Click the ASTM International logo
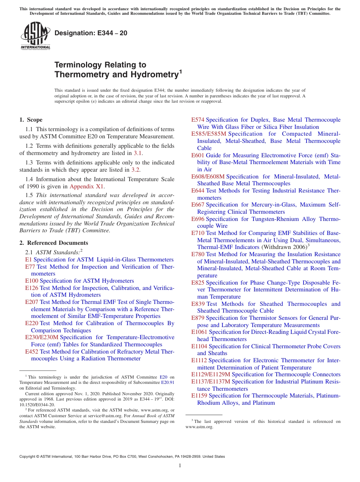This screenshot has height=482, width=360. pos(35,36)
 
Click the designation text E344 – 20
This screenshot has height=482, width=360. pos(91,33)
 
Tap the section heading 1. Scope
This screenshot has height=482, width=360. pos(31,120)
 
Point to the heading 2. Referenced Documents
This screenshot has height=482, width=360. pos(53,243)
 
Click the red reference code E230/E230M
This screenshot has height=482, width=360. pos(42,337)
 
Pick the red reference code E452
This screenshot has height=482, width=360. pos(31,352)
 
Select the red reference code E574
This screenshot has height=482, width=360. pos(197,120)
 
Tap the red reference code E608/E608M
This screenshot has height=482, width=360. pos(208,177)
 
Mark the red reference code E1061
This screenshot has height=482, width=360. pos(199,332)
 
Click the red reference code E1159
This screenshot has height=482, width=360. pos(199,396)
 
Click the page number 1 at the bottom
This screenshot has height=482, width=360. pos(180,465)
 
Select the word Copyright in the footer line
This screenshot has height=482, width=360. pos(28,457)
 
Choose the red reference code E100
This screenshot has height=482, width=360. pos(31,281)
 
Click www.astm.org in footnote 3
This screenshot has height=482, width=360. pos(199,427)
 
